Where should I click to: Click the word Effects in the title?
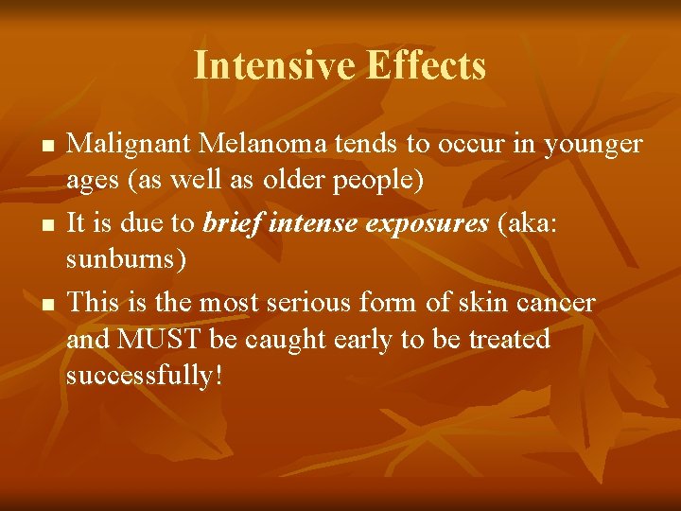pyautogui.click(x=426, y=66)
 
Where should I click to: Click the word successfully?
pyautogui.click(x=142, y=376)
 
